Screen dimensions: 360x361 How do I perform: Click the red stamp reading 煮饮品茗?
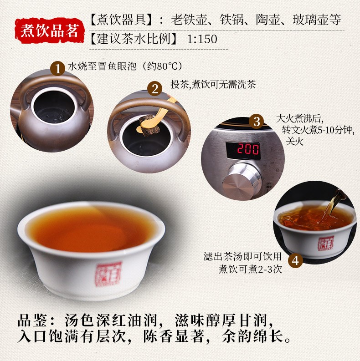(x=50, y=31)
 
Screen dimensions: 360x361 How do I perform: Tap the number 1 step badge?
(x=57, y=68)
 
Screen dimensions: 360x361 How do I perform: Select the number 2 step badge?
(x=155, y=89)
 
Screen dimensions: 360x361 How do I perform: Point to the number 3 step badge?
(x=257, y=122)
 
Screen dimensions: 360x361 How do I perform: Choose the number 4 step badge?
(x=295, y=261)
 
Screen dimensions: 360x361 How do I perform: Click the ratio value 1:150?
(x=202, y=39)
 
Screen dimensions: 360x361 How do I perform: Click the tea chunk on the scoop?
(x=147, y=126)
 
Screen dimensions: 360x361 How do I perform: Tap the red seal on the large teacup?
(x=108, y=274)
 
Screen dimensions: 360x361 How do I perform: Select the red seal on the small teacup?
(x=326, y=243)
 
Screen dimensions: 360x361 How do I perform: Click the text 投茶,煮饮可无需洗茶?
(x=213, y=84)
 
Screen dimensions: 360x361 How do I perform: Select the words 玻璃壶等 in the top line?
(x=317, y=19)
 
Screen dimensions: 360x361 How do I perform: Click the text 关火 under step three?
(x=294, y=141)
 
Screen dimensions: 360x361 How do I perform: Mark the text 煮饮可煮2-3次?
(x=250, y=269)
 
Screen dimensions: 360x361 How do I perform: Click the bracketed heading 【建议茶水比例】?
(x=134, y=39)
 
